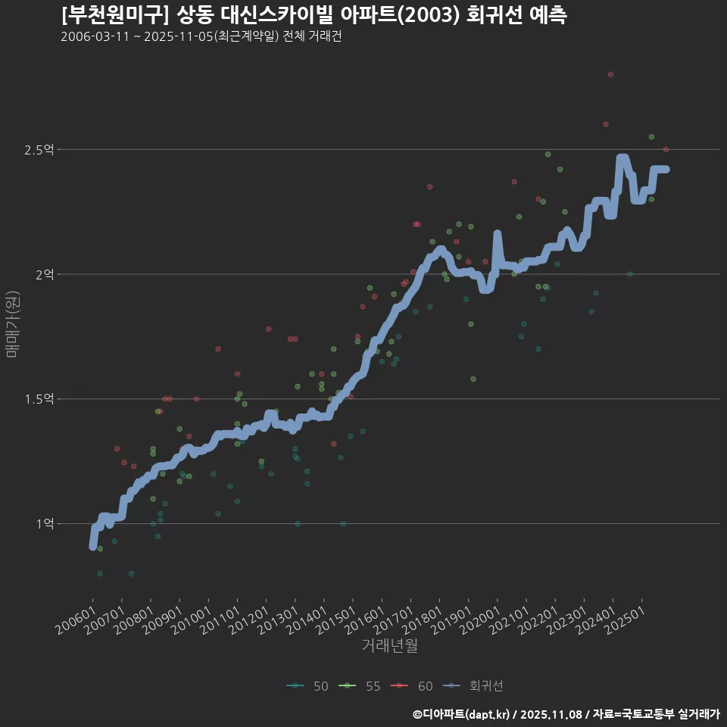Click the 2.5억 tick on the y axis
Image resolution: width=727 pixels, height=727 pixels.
[39, 150]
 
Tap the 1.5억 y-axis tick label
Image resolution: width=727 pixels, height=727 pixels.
[39, 399]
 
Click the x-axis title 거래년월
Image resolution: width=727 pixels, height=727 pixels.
[389, 645]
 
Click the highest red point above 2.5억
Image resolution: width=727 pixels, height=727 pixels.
[610, 74]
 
